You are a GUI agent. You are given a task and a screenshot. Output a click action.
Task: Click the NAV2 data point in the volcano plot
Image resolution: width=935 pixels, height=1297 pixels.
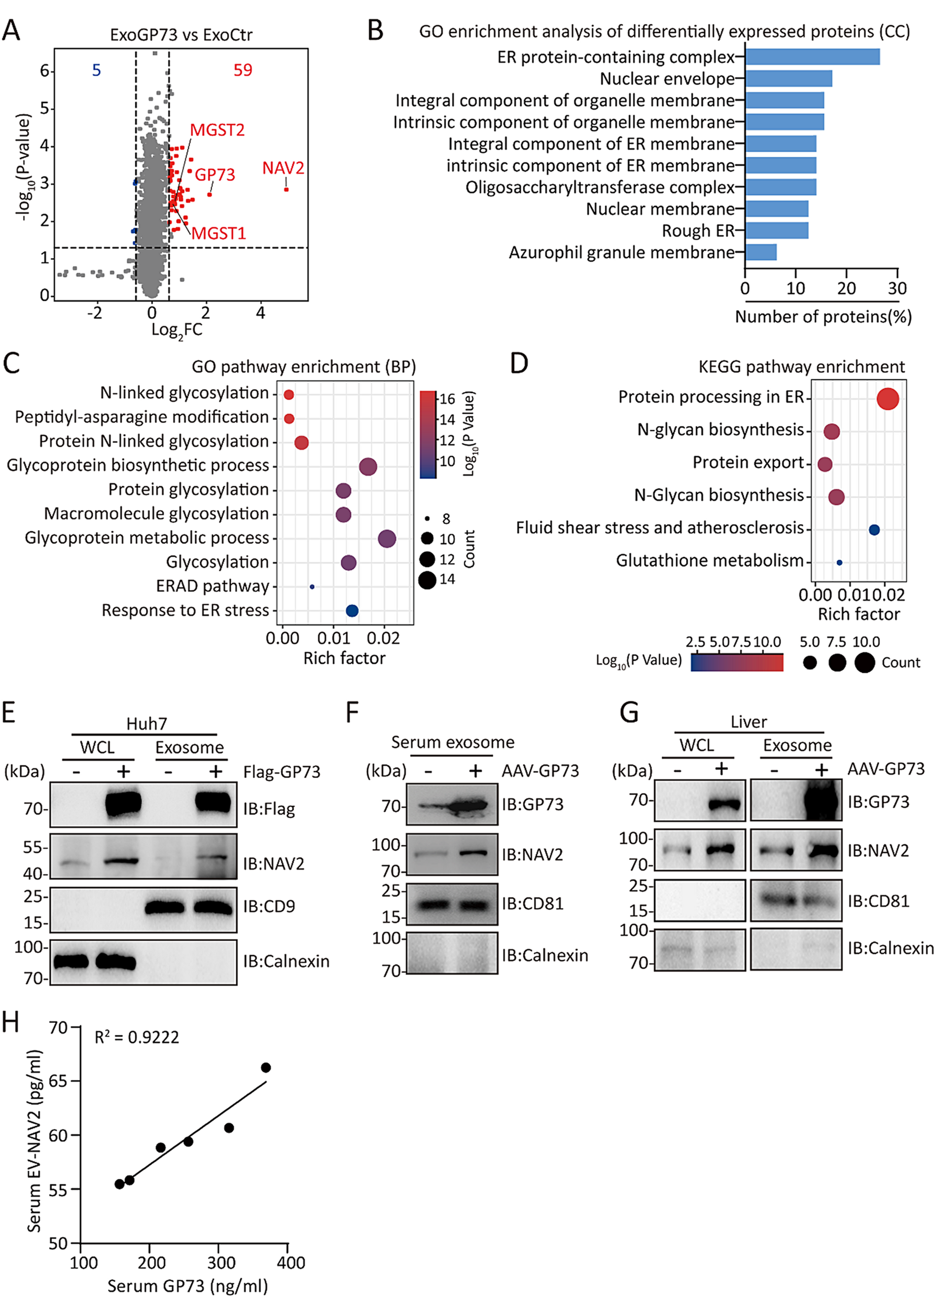tap(286, 189)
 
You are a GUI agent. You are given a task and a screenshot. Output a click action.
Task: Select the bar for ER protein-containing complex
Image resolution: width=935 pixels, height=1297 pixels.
tap(812, 57)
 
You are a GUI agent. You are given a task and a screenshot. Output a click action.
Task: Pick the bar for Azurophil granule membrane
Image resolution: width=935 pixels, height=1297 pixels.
tap(761, 252)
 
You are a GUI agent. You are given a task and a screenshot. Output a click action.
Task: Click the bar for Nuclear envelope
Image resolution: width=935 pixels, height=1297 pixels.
tap(788, 79)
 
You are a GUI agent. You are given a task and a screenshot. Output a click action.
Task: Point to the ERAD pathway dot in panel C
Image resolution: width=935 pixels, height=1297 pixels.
tap(312, 587)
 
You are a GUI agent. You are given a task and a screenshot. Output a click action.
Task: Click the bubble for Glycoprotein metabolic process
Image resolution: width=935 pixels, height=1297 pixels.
tap(387, 538)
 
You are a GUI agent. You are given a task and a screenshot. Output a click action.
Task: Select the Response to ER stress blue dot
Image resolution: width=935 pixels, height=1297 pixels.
tap(352, 611)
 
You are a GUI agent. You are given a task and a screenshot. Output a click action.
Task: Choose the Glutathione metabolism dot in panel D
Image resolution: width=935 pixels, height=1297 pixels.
tap(839, 563)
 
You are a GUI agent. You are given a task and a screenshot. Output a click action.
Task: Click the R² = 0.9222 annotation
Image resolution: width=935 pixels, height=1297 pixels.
tap(137, 1037)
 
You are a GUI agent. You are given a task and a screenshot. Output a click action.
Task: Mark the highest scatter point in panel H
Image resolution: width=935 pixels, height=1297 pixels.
tap(266, 1068)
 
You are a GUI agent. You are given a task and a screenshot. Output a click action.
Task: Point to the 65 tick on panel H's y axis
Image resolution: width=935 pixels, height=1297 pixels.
tap(58, 1082)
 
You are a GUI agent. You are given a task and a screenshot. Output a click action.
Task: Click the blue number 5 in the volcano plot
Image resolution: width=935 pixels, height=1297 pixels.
tap(96, 70)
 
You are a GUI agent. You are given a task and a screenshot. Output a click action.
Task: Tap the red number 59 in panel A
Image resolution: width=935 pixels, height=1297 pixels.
tap(242, 70)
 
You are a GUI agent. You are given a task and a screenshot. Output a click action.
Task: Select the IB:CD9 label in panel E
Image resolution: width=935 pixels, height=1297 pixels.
tap(269, 907)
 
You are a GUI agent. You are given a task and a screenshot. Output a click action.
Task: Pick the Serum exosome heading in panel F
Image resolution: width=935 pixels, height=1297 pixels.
tap(452, 742)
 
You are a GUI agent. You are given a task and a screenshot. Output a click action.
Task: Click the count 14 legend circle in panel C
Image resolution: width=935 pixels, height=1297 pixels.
tap(427, 580)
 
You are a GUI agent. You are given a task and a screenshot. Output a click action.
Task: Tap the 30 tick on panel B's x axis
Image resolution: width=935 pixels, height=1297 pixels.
tap(896, 288)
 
